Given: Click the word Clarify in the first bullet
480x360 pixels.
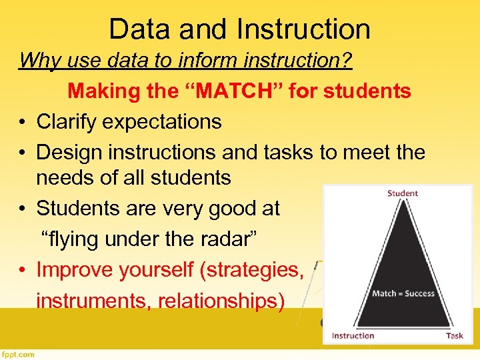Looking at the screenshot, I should pyautogui.click(x=65, y=122).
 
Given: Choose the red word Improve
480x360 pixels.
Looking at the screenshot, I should pyautogui.click(x=73, y=269).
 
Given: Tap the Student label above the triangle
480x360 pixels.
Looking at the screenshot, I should pyautogui.click(x=402, y=193).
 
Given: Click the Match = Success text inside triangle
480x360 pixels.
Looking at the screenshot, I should pyautogui.click(x=403, y=293).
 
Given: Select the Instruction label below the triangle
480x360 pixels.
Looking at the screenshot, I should pyautogui.click(x=353, y=335).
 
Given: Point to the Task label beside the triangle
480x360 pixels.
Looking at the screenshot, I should pyautogui.click(x=454, y=335).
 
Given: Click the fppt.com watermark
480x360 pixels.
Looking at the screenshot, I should pyautogui.click(x=19, y=355).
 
